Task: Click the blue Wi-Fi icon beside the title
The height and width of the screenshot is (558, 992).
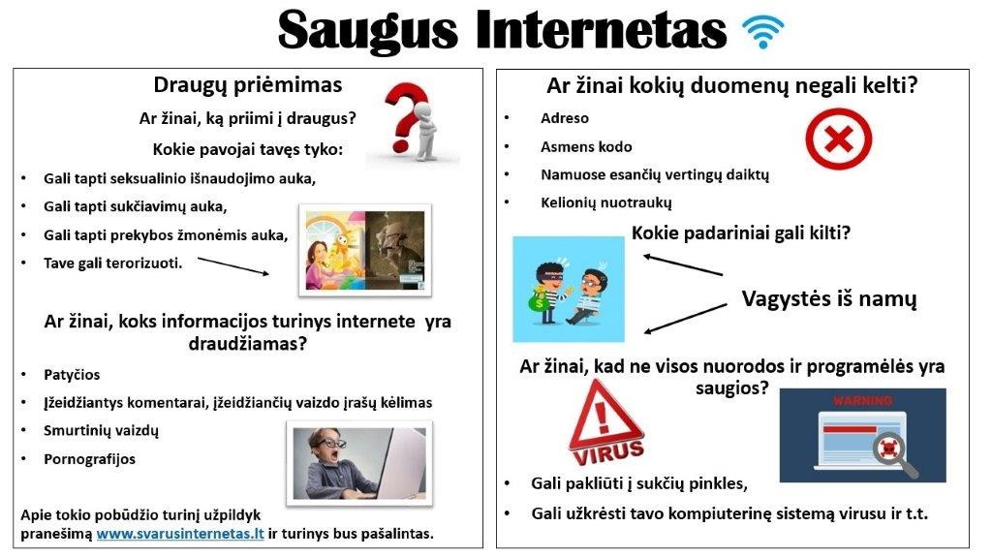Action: pyautogui.click(x=763, y=32)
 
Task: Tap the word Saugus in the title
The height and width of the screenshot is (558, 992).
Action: pyautogui.click(x=367, y=30)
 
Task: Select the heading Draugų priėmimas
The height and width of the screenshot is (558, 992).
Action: pyautogui.click(x=247, y=85)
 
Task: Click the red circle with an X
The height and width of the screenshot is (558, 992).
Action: pyautogui.click(x=838, y=139)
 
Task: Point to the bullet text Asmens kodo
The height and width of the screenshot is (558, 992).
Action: pyautogui.click(x=586, y=147)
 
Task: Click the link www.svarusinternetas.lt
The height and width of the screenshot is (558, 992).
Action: pyautogui.click(x=180, y=534)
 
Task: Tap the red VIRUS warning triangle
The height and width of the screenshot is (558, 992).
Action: pyautogui.click(x=606, y=424)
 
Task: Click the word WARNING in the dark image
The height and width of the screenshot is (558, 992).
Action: pyautogui.click(x=862, y=400)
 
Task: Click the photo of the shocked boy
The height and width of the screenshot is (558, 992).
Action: pyautogui.click(x=359, y=464)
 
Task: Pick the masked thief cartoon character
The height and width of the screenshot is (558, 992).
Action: pyautogui.click(x=548, y=293)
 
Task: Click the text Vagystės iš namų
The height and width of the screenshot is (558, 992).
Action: pyautogui.click(x=829, y=298)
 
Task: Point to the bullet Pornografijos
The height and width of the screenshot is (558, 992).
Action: pyautogui.click(x=89, y=459)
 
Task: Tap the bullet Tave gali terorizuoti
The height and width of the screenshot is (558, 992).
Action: pyautogui.click(x=112, y=263)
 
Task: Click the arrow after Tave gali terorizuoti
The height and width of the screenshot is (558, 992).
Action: pyautogui.click(x=233, y=265)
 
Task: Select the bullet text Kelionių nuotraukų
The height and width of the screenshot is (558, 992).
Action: pyautogui.click(x=606, y=203)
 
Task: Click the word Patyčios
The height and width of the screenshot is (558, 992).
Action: pyautogui.click(x=72, y=375)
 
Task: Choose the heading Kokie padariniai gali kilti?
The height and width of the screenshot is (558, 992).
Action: pyautogui.click(x=741, y=233)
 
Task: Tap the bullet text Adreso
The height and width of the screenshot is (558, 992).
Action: pyautogui.click(x=565, y=118)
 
